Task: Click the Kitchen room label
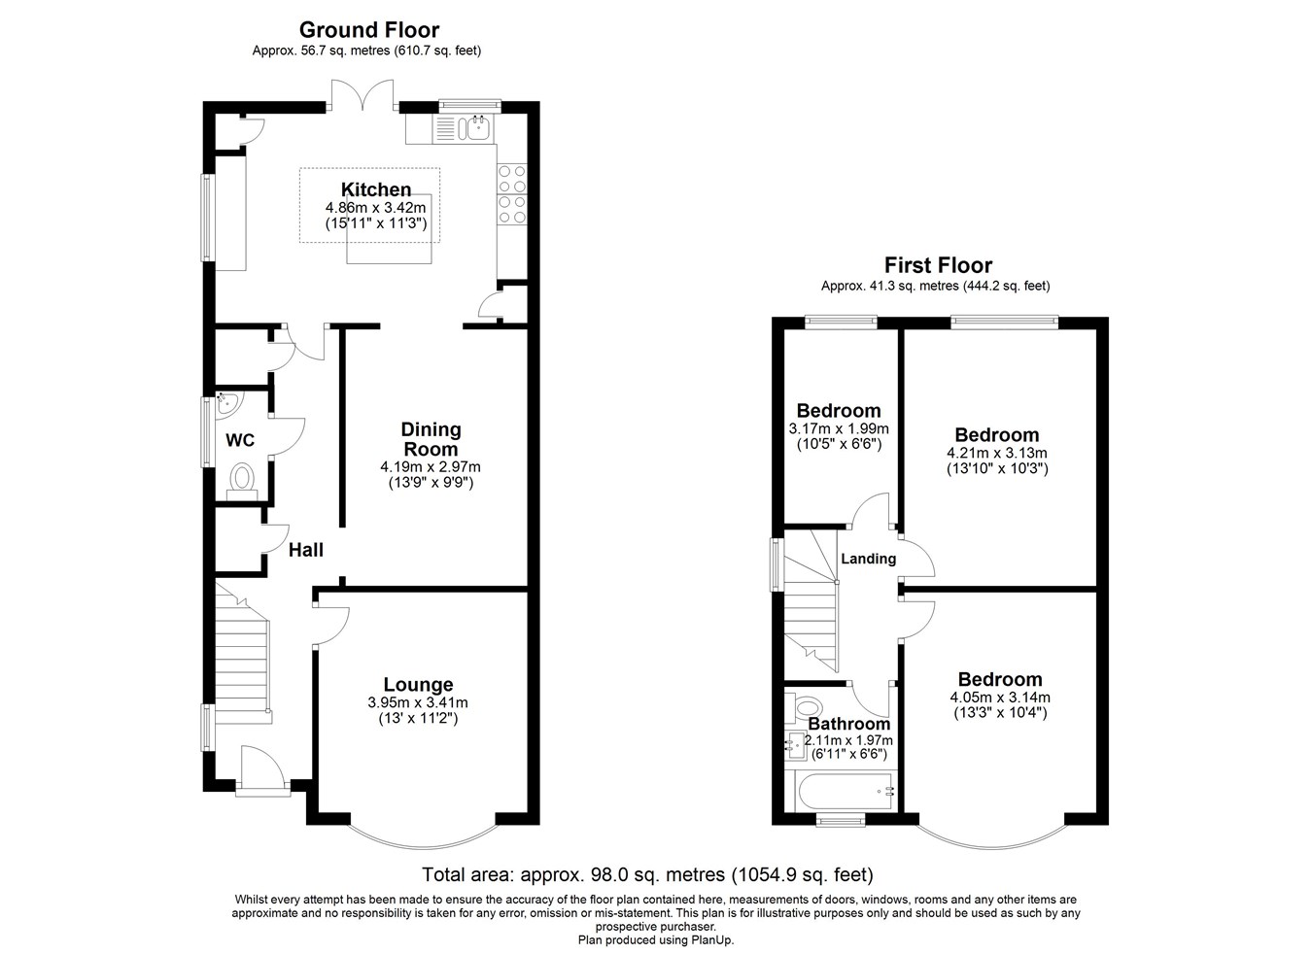coord(375,189)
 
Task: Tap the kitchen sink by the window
coord(475,126)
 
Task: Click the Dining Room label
coord(431,439)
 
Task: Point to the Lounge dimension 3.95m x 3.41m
coord(418,702)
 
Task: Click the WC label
coord(240,440)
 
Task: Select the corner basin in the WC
coord(225,401)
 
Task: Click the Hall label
coord(306,550)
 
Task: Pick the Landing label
coord(868,559)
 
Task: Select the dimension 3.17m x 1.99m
coord(839,428)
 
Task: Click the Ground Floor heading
coord(368,30)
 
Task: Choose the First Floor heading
coord(937,265)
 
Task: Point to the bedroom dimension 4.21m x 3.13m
coord(996,453)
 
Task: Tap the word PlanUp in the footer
coord(711,939)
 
